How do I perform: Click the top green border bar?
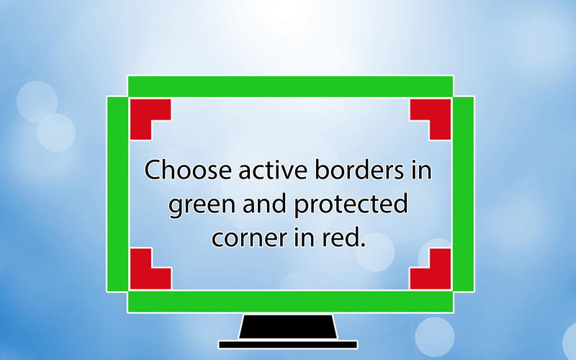point(290,86)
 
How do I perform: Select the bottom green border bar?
point(290,302)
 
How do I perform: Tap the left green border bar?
point(117,194)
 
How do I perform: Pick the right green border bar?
point(463,194)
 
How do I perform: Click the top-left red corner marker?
point(141,110)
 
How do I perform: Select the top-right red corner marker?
point(440,110)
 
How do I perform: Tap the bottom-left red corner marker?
point(141,278)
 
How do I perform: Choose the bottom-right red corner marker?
point(440,278)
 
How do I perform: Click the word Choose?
point(188,170)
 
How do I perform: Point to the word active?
point(273,170)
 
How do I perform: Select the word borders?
point(359,170)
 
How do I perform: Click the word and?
point(264,203)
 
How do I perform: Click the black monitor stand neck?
point(288,327)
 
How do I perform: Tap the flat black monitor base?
point(288,345)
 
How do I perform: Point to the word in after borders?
point(421,170)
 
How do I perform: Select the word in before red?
point(305,238)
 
